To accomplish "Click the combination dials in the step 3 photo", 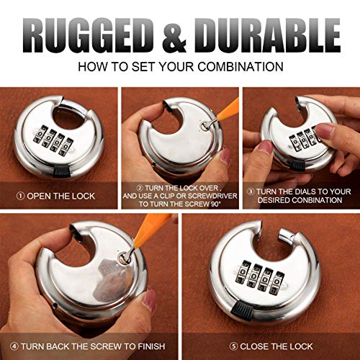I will (x=302, y=137).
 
